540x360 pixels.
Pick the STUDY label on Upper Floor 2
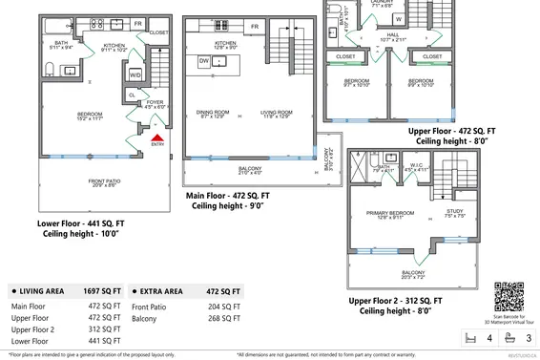(455, 212)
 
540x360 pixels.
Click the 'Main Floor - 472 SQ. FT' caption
(228, 195)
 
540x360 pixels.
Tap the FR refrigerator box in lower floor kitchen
(137, 23)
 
